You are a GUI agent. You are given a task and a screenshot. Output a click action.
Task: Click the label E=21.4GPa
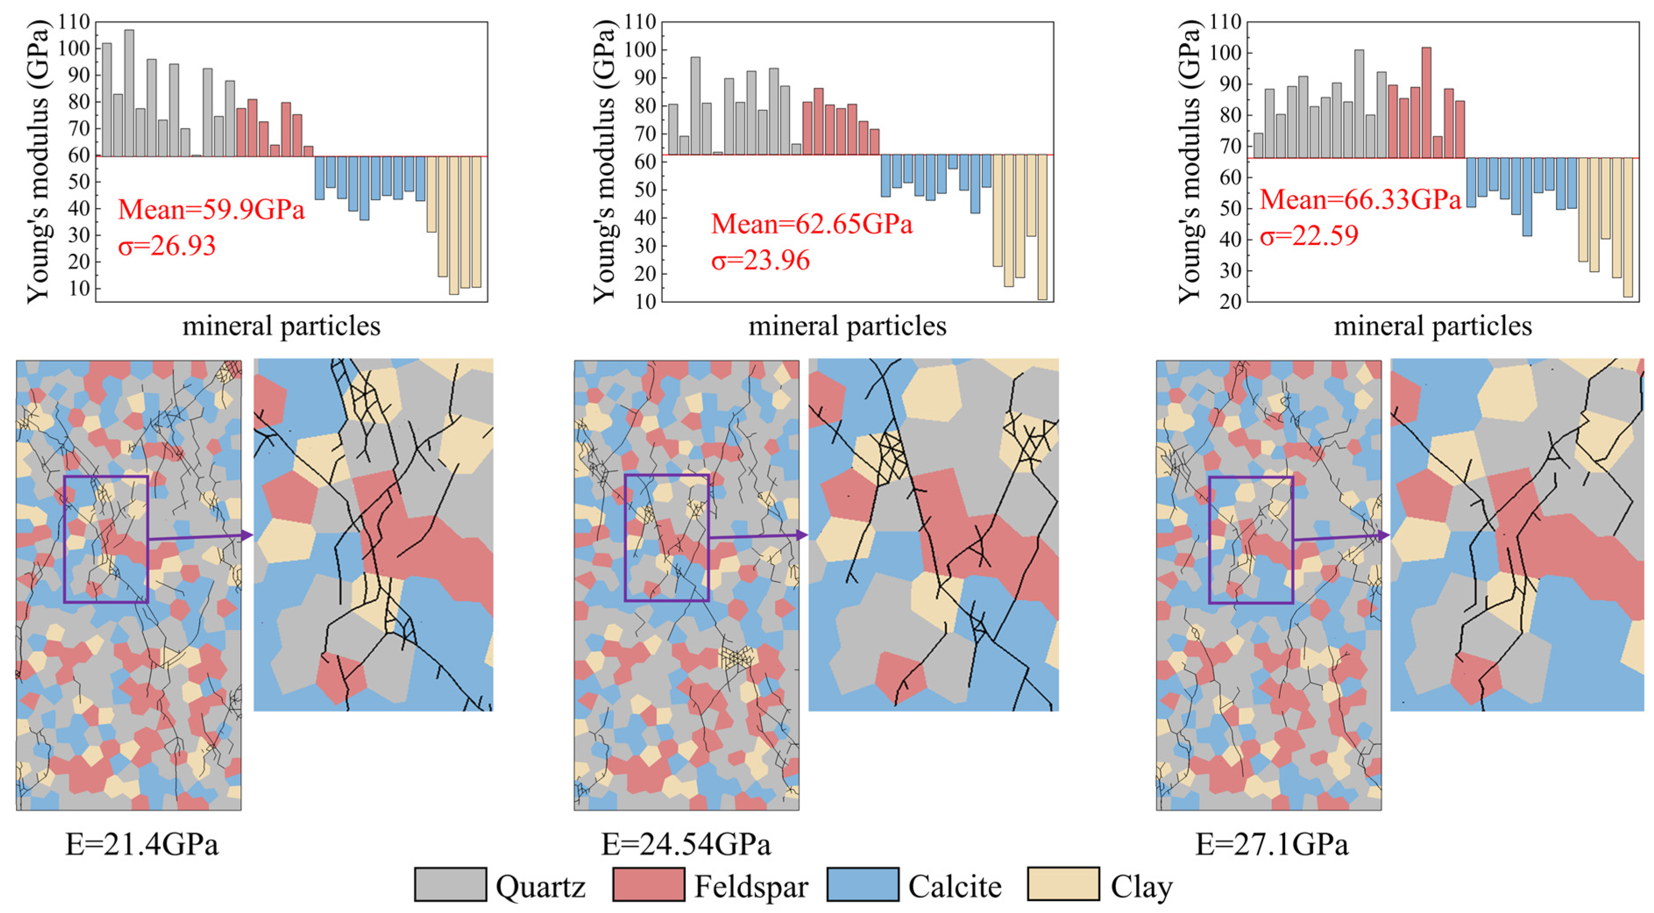coord(142,844)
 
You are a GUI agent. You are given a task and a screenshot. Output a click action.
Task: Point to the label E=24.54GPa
coord(686,844)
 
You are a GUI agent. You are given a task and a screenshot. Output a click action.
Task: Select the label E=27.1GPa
coord(1272,844)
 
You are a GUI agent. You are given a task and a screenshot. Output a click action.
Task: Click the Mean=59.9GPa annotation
coord(211,209)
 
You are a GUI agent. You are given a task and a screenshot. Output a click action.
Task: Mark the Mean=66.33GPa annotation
coord(1360,200)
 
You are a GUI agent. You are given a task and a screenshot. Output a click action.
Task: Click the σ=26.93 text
coord(167,246)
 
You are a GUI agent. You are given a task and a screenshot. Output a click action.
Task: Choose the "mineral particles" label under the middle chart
coord(847,326)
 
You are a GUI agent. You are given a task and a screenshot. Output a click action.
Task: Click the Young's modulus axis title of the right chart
coord(1189,160)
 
